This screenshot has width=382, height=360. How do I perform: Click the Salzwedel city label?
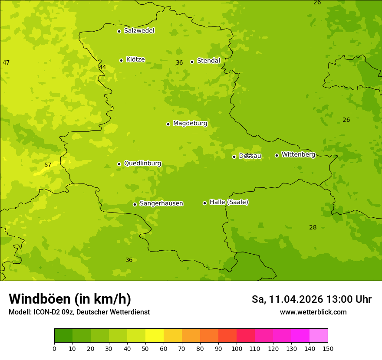[x=139, y=31]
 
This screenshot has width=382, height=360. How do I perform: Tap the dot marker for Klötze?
[x=121, y=60]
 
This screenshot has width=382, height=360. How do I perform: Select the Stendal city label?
[x=208, y=61]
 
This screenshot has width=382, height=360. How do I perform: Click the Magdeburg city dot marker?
[x=168, y=124]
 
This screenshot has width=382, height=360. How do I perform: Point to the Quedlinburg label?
[x=142, y=164]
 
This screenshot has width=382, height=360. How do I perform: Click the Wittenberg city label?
[x=298, y=155]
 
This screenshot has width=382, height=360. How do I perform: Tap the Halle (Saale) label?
[x=229, y=202]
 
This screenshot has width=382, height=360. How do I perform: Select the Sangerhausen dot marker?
[x=135, y=204]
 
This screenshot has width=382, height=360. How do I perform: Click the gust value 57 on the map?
[x=48, y=165]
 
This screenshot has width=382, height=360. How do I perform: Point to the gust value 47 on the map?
[x=6, y=63]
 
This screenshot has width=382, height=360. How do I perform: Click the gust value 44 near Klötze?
[x=102, y=67]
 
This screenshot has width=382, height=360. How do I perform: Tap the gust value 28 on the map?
[x=313, y=228]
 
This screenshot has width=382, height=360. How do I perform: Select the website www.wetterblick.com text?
[x=313, y=312]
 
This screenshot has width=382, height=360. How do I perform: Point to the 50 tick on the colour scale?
[x=145, y=348]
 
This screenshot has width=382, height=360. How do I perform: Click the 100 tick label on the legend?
[x=237, y=348]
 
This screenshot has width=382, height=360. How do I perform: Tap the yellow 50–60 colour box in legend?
[x=155, y=336]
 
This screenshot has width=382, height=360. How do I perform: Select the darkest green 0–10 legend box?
[x=63, y=336]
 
